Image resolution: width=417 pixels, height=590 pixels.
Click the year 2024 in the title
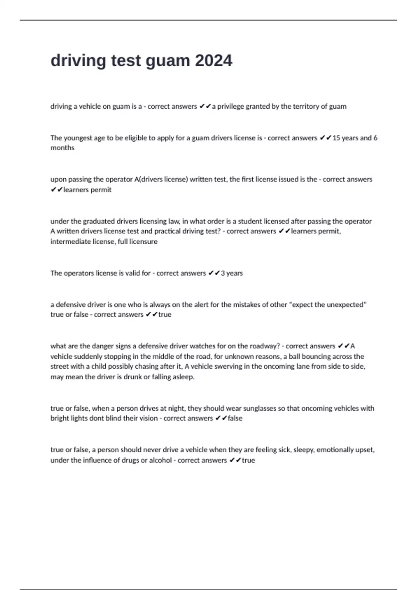point(213,61)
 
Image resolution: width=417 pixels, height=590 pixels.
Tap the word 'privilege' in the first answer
point(230,107)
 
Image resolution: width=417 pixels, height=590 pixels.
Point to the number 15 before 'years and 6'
point(336,138)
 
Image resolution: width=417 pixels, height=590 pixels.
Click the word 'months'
point(63,148)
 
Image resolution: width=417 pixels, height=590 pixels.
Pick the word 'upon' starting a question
point(58,180)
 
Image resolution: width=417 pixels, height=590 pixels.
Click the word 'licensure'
point(143,242)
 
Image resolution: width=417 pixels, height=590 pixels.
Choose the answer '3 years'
point(232,273)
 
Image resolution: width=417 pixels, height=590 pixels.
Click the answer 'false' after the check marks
point(235,419)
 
